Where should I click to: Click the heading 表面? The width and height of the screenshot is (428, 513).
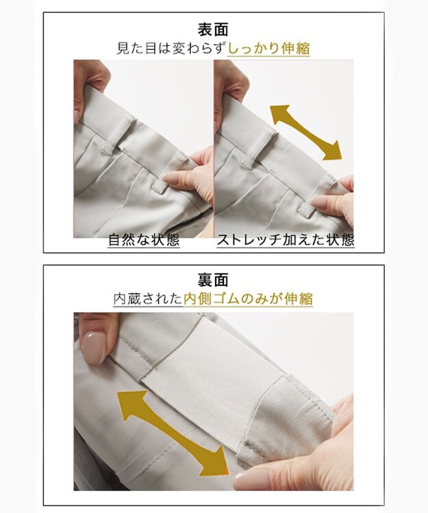tap(214, 29)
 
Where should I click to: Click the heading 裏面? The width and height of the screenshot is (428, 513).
tap(214, 280)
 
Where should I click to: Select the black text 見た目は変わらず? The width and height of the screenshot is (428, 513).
tap(172, 49)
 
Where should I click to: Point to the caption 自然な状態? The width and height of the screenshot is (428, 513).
tap(144, 241)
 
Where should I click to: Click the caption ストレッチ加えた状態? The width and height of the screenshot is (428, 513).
tap(285, 241)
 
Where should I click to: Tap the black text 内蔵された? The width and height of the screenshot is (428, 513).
tap(149, 300)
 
